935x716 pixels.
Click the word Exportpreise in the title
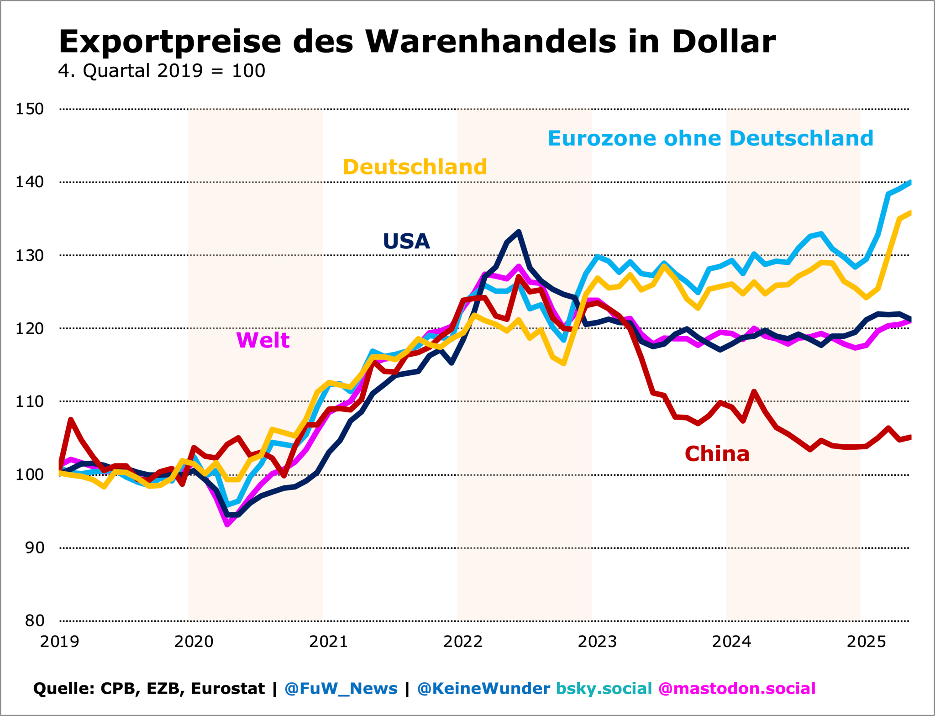pyautogui.click(x=169, y=42)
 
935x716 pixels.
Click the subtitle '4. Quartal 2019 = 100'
pyautogui.click(x=162, y=71)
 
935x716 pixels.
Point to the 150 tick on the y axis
pyautogui.click(x=30, y=109)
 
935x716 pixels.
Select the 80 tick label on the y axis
pyautogui.click(x=34, y=621)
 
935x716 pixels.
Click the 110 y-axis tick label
pyautogui.click(x=30, y=401)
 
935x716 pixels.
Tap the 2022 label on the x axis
pyautogui.click(x=463, y=642)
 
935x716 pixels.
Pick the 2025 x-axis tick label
pyautogui.click(x=866, y=642)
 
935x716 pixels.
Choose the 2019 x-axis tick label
pyautogui.click(x=59, y=642)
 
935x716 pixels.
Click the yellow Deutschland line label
pyautogui.click(x=415, y=167)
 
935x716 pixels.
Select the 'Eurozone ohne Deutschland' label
pyautogui.click(x=710, y=138)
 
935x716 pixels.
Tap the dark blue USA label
pyautogui.click(x=406, y=241)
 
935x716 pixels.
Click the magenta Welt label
pyautogui.click(x=263, y=340)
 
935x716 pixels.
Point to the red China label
pyautogui.click(x=717, y=454)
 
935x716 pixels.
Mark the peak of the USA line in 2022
pyautogui.click(x=519, y=232)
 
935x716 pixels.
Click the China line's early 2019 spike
pyautogui.click(x=71, y=419)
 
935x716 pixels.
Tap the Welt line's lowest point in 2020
pyautogui.click(x=227, y=524)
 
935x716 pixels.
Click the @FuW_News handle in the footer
pyautogui.click(x=341, y=688)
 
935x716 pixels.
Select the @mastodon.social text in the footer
pyautogui.click(x=736, y=688)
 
